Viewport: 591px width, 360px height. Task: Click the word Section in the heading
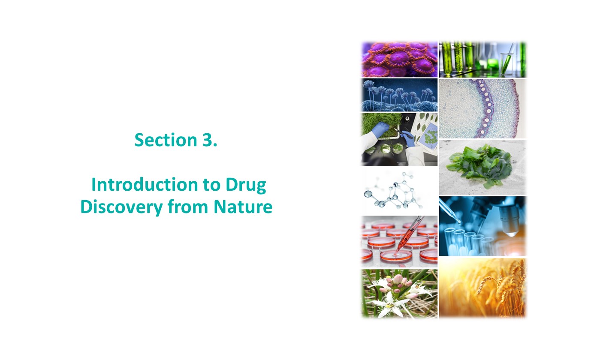click(166, 140)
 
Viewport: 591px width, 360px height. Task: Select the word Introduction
click(145, 184)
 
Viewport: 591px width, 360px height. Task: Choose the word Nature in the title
click(243, 207)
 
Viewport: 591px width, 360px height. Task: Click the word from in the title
click(188, 206)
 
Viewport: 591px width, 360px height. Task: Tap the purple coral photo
click(399, 59)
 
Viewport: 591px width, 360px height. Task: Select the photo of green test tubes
click(482, 59)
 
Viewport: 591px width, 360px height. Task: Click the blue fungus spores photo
click(399, 95)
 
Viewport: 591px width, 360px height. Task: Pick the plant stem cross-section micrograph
click(482, 108)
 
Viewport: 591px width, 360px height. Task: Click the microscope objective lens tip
click(511, 234)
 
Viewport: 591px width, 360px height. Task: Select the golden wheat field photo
click(482, 288)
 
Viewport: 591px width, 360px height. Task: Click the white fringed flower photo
click(399, 294)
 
